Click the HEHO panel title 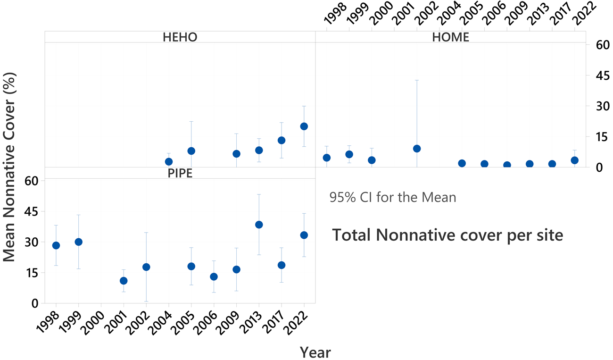click(x=180, y=37)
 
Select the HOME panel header click(x=450, y=37)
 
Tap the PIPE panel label click(x=180, y=173)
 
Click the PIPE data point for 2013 click(x=259, y=225)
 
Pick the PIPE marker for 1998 click(x=56, y=245)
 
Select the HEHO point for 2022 click(x=304, y=126)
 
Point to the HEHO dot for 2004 click(x=169, y=162)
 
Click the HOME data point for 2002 click(x=417, y=149)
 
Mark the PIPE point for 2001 click(x=124, y=281)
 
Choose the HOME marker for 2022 click(x=574, y=160)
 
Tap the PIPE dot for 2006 click(x=214, y=276)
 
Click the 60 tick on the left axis click(x=34, y=180)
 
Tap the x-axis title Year click(x=315, y=352)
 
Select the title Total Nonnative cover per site click(x=447, y=235)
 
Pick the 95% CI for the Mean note click(x=393, y=197)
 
